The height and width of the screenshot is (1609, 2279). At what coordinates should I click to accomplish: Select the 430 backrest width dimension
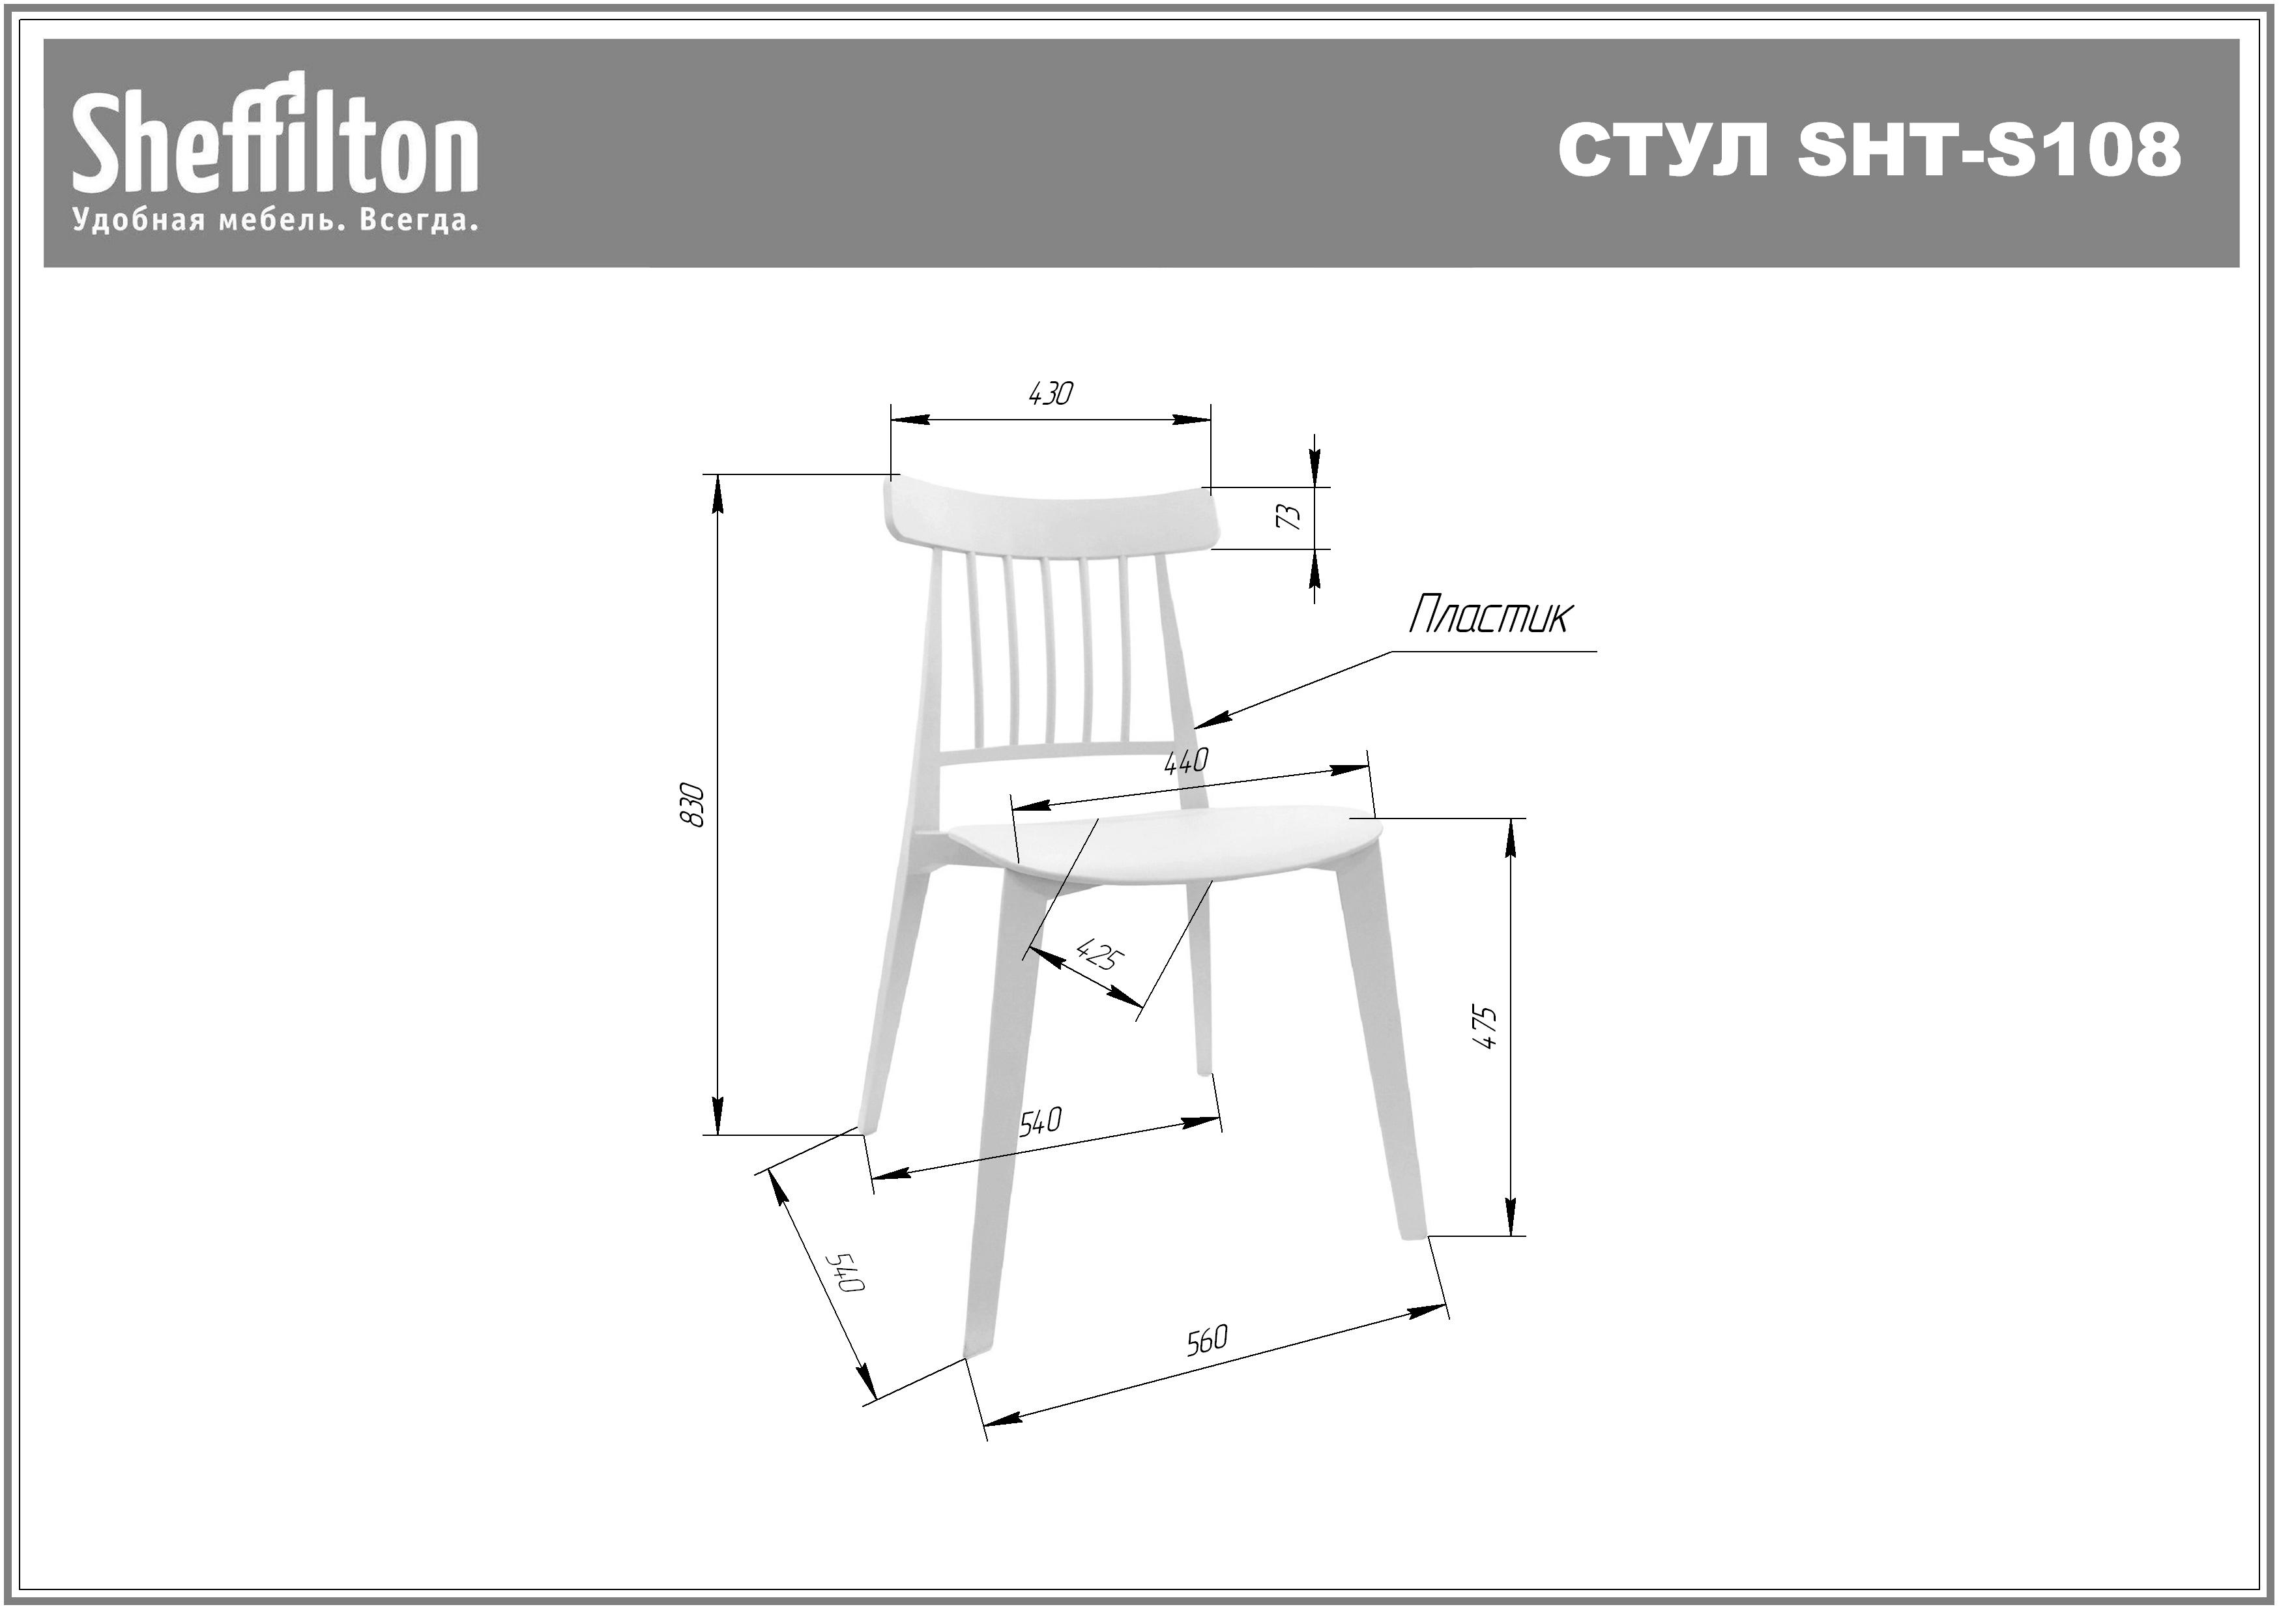(1050, 394)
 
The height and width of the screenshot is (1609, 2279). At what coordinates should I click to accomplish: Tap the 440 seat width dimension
(1186, 761)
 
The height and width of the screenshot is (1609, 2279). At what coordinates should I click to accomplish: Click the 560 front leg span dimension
(1207, 1340)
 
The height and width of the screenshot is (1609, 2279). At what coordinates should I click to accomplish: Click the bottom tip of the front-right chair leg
(1414, 1235)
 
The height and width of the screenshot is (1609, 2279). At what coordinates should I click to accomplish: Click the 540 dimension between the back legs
(1040, 1122)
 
